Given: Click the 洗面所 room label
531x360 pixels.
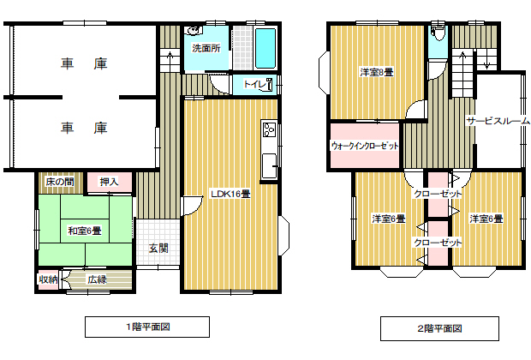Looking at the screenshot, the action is [x=206, y=48].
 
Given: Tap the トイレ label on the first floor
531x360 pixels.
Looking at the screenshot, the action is [x=254, y=84].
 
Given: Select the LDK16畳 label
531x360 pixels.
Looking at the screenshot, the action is [x=230, y=194].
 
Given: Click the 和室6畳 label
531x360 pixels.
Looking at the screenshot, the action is [x=85, y=231].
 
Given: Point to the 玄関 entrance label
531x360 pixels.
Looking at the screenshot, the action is [x=158, y=248].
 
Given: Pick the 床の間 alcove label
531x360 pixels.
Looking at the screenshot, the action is [x=60, y=182].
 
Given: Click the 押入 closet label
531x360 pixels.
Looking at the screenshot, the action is [x=109, y=182].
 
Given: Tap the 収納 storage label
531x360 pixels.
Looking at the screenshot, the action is [x=48, y=279].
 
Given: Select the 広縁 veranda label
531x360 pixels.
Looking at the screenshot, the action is [x=97, y=279].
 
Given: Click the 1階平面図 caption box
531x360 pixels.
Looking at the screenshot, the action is [x=147, y=327].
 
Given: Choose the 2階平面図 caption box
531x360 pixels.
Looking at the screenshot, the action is [x=439, y=328].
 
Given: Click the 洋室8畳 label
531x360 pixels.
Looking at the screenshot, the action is [x=377, y=72].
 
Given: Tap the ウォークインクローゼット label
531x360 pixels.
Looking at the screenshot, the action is [x=365, y=146].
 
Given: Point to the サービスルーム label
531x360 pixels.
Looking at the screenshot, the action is [x=498, y=121].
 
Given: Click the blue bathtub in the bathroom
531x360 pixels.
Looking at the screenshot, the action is [x=265, y=49].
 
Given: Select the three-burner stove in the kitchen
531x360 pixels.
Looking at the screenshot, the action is [x=270, y=129].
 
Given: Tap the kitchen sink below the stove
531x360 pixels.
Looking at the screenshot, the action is [x=269, y=165].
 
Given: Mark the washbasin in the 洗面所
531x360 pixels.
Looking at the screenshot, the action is [x=194, y=31].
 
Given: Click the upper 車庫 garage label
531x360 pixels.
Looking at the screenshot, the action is [x=84, y=63].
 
